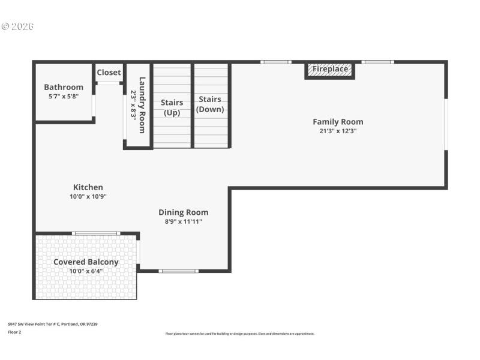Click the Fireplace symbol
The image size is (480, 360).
pyautogui.click(x=330, y=70)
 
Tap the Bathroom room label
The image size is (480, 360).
pyautogui.click(x=64, y=87)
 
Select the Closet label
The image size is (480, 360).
pyautogui.click(x=109, y=73)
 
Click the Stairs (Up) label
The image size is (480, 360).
pyautogui.click(x=172, y=107)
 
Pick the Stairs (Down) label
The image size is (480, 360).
pyautogui.click(x=210, y=104)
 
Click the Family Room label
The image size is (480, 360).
pyautogui.click(x=338, y=122)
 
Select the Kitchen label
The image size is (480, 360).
pyautogui.click(x=88, y=187)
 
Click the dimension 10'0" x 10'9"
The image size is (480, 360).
pyautogui.click(x=88, y=196)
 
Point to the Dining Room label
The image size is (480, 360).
pyautogui.click(x=184, y=212)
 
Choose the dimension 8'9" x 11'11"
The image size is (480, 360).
pyautogui.click(x=184, y=221)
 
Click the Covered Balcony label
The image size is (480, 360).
pyautogui.click(x=86, y=262)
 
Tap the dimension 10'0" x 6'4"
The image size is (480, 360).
pyautogui.click(x=86, y=271)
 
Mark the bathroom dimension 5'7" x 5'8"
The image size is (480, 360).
pyautogui.click(x=64, y=96)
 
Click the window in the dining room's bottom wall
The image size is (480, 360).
pyautogui.click(x=178, y=271)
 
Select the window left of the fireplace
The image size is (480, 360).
pyautogui.click(x=275, y=62)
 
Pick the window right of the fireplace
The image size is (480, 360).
pyautogui.click(x=378, y=62)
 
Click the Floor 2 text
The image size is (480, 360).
pyautogui.click(x=14, y=332)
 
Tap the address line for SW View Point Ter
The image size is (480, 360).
pyautogui.click(x=52, y=324)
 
